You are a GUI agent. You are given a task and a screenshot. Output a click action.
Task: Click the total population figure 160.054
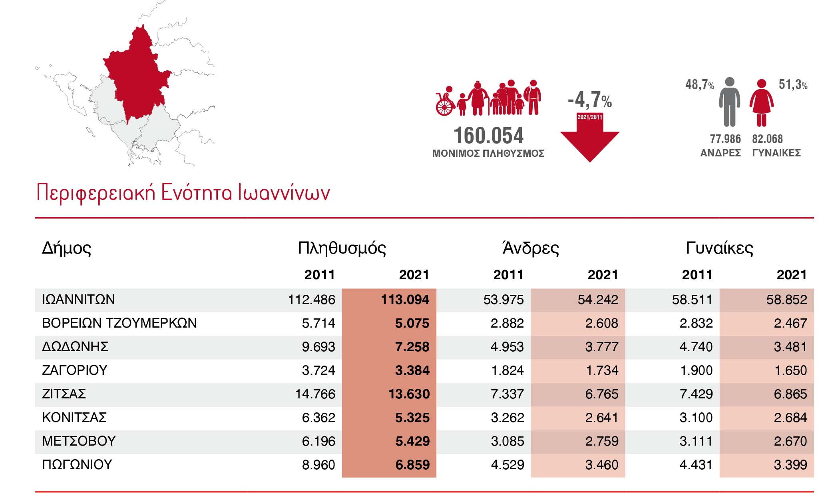tap(488, 136)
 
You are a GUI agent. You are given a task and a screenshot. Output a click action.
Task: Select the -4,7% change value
tap(589, 100)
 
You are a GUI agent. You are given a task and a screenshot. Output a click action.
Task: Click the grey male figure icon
tap(729, 102)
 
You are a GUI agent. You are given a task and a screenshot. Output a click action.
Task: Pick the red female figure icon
tap(761, 102)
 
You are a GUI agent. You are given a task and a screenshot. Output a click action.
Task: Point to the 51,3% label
tap(793, 85)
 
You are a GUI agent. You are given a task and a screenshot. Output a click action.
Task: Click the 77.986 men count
tap(725, 139)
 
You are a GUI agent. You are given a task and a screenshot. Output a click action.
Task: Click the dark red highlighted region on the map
tap(138, 80)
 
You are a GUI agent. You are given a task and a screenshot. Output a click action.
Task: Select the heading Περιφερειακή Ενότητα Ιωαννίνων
tap(183, 192)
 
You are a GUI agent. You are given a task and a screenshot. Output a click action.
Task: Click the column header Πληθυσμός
tap(342, 248)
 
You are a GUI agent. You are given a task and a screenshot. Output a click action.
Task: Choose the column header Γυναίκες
tap(719, 248)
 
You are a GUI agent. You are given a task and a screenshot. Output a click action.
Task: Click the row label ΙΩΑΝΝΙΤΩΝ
tap(78, 300)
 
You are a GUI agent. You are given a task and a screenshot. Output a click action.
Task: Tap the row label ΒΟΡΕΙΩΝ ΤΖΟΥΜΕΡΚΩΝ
tap(119, 323)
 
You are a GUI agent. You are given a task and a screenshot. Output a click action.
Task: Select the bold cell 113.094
tap(405, 300)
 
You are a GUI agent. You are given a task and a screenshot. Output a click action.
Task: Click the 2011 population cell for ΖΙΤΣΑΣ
tap(315, 394)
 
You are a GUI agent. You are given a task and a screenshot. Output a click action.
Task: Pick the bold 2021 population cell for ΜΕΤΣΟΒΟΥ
tap(412, 441)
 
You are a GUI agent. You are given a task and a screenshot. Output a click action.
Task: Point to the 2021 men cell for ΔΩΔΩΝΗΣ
tap(601, 347)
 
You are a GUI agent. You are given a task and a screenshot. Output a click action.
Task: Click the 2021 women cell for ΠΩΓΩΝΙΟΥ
tap(790, 465)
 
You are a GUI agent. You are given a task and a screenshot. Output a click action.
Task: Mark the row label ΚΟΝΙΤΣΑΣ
tap(74, 418)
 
